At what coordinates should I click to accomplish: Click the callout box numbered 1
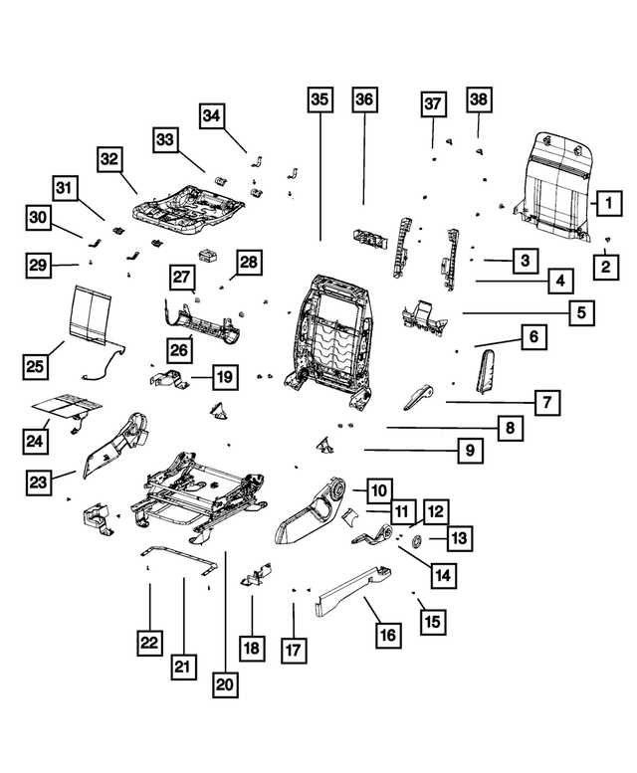[603, 205]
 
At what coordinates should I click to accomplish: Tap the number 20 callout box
[225, 684]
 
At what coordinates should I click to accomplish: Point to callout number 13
[459, 539]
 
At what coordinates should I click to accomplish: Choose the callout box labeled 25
[36, 367]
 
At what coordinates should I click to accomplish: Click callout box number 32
[111, 159]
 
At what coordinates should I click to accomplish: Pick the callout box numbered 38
[479, 99]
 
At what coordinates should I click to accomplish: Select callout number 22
[149, 644]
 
